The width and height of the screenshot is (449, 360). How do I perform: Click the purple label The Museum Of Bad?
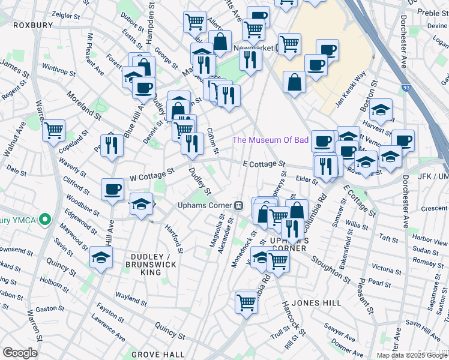270,140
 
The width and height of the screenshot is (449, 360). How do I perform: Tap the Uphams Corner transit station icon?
238,205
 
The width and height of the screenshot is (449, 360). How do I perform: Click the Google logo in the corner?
20,353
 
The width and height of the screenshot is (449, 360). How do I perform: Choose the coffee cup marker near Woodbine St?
112,190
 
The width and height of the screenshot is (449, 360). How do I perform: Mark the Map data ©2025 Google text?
403,355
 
